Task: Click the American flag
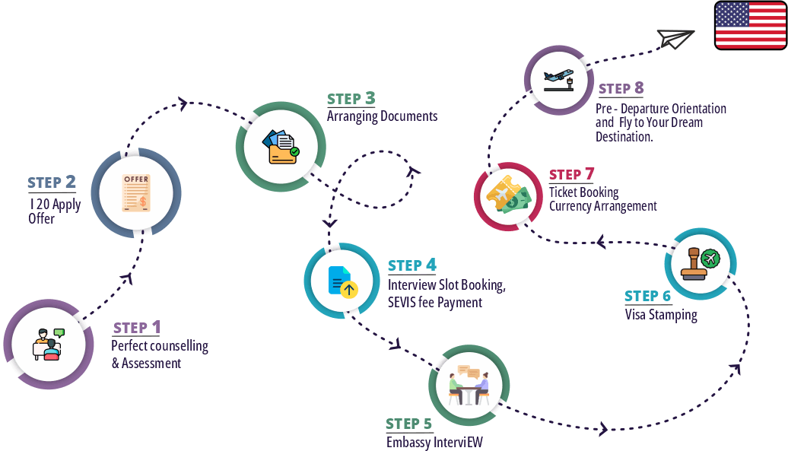click(750, 26)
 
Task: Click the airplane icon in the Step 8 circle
click(559, 79)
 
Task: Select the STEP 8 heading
click(621, 89)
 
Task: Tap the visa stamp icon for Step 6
click(700, 264)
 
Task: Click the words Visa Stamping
click(661, 314)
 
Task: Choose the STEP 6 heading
click(648, 296)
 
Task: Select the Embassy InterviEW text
click(434, 442)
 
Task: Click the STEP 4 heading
click(411, 265)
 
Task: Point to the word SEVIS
click(404, 302)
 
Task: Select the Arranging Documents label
click(382, 116)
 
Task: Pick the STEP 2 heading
click(52, 183)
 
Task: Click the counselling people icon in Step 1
click(47, 345)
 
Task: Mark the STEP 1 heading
click(137, 328)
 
